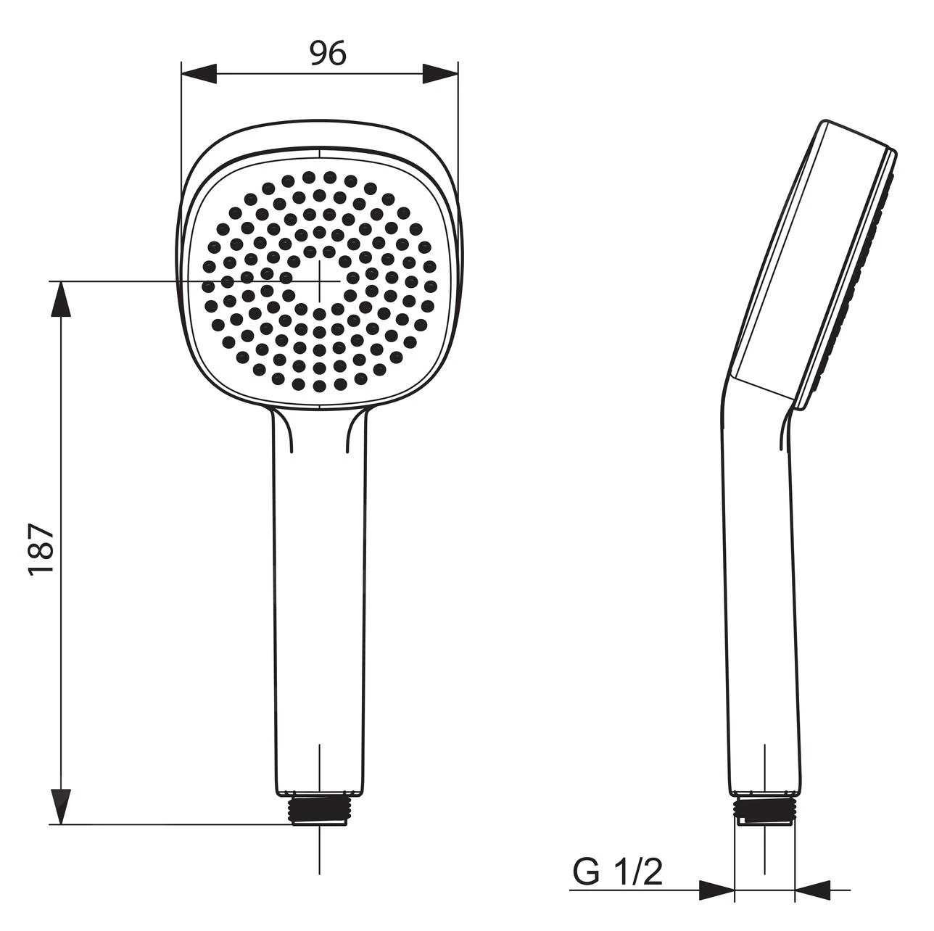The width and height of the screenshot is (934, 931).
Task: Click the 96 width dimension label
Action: click(328, 54)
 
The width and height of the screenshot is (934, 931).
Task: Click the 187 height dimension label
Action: click(42, 548)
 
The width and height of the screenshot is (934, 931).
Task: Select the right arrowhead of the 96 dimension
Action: click(440, 74)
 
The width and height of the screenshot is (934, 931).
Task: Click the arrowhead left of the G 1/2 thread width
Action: click(716, 890)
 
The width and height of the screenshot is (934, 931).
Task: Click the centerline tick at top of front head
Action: click(319, 154)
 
